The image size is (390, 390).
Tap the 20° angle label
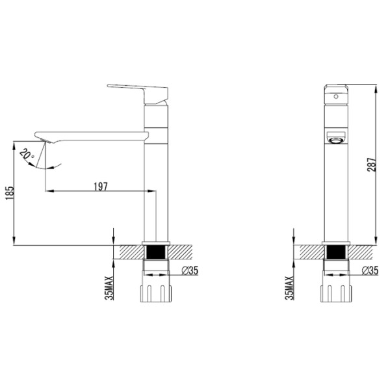pos(25,155)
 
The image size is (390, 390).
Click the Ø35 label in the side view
pos(189,271)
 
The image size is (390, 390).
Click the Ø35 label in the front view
pos(369,271)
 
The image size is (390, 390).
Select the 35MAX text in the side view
pos(110,286)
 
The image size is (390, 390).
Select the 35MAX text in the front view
pos(290,286)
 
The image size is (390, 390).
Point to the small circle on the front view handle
pos(335,96)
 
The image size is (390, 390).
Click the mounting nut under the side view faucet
pos(155,290)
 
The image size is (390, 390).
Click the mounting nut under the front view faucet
pos(335,290)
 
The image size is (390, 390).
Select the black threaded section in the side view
pos(155,252)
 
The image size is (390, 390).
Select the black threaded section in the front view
pos(335,252)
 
